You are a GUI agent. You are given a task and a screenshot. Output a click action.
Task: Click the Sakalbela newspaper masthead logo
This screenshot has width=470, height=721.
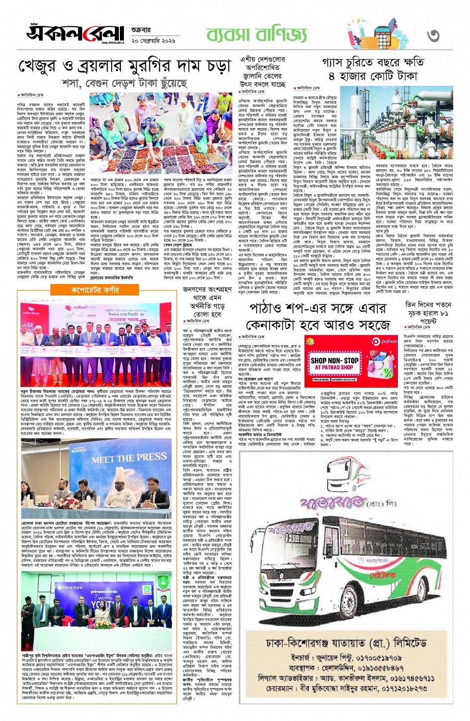click(x=75, y=33)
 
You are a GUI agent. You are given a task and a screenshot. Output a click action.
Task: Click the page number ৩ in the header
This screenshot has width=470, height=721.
click(x=433, y=35)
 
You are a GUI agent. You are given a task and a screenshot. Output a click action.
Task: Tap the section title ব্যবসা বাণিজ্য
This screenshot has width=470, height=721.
click(x=257, y=35)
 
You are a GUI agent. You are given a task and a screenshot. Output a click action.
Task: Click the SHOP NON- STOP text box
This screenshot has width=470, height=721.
click(x=334, y=363)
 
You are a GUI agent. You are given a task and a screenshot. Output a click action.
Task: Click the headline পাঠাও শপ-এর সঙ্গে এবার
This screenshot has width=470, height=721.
click(x=316, y=309)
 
